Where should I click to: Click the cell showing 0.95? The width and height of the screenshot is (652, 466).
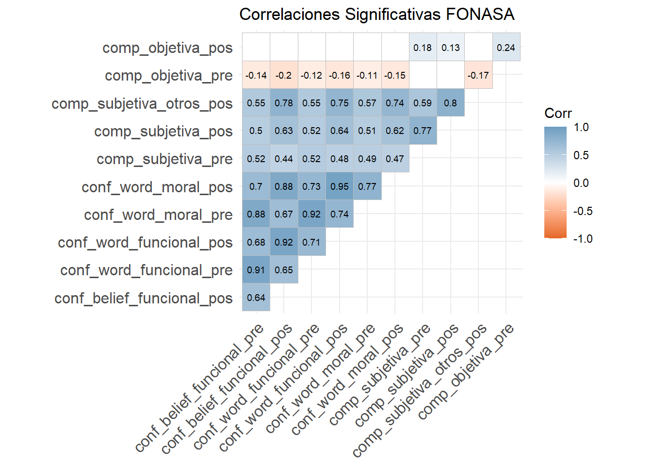point(340,186)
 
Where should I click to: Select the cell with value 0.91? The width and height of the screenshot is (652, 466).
point(256,270)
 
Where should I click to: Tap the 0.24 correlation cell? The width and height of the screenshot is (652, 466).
point(506,48)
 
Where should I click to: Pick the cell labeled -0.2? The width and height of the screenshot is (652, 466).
point(284,75)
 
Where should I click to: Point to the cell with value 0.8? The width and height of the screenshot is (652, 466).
point(450,103)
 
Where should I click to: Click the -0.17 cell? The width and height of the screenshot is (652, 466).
point(478,75)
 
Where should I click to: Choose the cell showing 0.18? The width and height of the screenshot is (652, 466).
point(423,48)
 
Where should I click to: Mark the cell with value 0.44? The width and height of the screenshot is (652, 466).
point(284,159)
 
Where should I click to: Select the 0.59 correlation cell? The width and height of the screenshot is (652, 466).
point(423,103)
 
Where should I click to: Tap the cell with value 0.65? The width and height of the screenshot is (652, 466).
point(284,270)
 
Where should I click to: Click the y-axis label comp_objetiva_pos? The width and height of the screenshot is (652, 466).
point(167,48)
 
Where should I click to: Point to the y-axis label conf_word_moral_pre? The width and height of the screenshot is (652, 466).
point(158,215)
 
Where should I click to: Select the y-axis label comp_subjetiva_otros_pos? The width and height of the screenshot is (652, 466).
point(142,104)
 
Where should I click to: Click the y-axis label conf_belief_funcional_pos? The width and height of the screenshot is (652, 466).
point(144,298)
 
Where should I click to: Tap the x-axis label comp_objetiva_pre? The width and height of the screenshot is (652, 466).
point(466,371)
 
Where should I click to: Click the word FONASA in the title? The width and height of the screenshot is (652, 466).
point(480,15)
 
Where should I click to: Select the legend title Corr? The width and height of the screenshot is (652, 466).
point(558,113)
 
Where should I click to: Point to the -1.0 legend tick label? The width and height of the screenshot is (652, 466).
point(583,239)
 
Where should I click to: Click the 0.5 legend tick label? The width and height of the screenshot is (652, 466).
point(581,155)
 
